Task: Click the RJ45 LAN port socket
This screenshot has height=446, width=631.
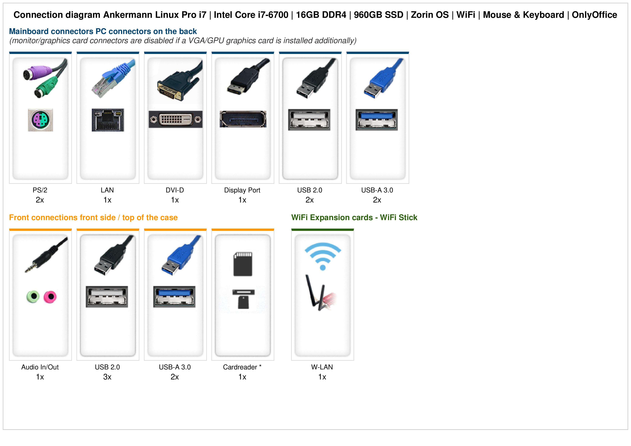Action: click(108, 120)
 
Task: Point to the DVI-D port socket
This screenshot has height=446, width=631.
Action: click(175, 119)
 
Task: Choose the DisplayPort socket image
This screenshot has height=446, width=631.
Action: click(243, 119)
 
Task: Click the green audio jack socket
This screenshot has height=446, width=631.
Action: click(33, 297)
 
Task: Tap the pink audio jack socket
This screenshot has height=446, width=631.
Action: click(50, 297)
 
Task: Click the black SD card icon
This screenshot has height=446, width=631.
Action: click(243, 264)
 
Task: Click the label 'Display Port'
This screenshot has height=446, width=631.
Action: click(242, 190)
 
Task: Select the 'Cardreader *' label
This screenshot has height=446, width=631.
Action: click(242, 367)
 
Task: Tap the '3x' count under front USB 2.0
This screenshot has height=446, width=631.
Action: click(107, 377)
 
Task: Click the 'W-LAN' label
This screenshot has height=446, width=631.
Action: click(322, 367)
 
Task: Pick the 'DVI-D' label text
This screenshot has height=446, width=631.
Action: click(175, 190)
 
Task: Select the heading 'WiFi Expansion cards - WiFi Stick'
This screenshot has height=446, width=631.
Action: click(354, 218)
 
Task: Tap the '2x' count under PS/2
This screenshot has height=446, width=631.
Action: click(40, 200)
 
